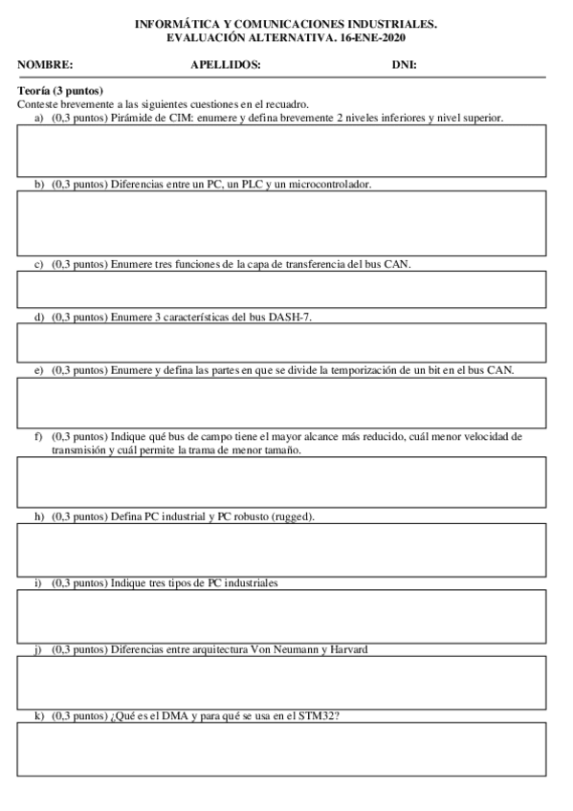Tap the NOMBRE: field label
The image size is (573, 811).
[x=45, y=65]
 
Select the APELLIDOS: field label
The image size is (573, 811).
[x=226, y=65]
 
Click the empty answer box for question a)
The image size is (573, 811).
[x=281, y=151]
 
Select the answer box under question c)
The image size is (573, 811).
[x=281, y=289]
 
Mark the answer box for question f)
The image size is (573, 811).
[x=281, y=481]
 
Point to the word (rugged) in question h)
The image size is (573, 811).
[x=293, y=516]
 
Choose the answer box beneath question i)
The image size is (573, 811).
[x=281, y=616]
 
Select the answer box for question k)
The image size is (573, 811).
[x=281, y=748]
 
